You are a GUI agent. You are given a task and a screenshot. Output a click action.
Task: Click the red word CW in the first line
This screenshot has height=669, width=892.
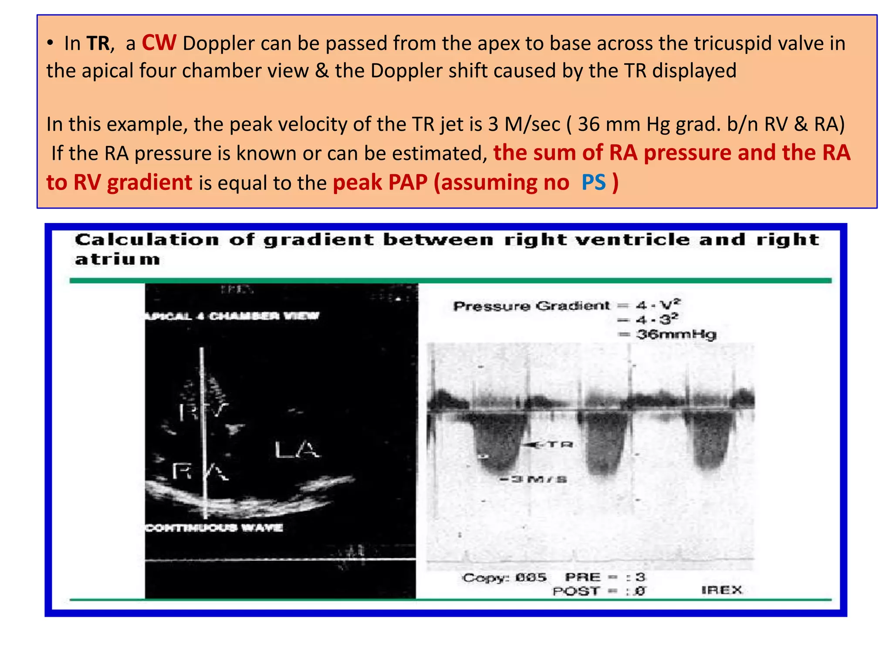[x=159, y=43]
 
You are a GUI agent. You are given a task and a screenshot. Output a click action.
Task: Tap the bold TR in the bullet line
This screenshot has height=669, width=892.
[x=98, y=44]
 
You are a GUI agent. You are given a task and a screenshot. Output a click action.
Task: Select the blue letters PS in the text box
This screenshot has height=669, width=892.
[x=594, y=182]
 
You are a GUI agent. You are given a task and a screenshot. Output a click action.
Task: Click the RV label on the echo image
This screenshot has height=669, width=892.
[x=203, y=410]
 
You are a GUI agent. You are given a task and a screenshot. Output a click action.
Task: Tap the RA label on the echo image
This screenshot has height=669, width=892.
[x=200, y=471]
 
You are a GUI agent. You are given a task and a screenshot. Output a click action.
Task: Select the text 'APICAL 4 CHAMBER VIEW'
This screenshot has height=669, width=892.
[x=232, y=316]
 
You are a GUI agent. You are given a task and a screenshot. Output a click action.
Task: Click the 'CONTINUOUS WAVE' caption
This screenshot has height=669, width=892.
[x=214, y=528]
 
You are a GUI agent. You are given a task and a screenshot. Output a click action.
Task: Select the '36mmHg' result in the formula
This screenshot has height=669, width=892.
[x=676, y=334]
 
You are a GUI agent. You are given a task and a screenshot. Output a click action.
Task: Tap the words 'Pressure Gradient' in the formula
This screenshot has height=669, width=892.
[x=531, y=306]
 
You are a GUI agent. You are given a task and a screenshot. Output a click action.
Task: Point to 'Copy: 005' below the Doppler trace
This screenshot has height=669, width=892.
[x=504, y=578]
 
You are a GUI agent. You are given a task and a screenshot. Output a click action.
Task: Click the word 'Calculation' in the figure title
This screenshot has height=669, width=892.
[x=147, y=240]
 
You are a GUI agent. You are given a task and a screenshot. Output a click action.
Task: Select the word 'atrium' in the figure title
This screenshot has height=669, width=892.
[x=118, y=260]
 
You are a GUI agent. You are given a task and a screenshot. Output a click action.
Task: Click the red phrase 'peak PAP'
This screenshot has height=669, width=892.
[x=380, y=182]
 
